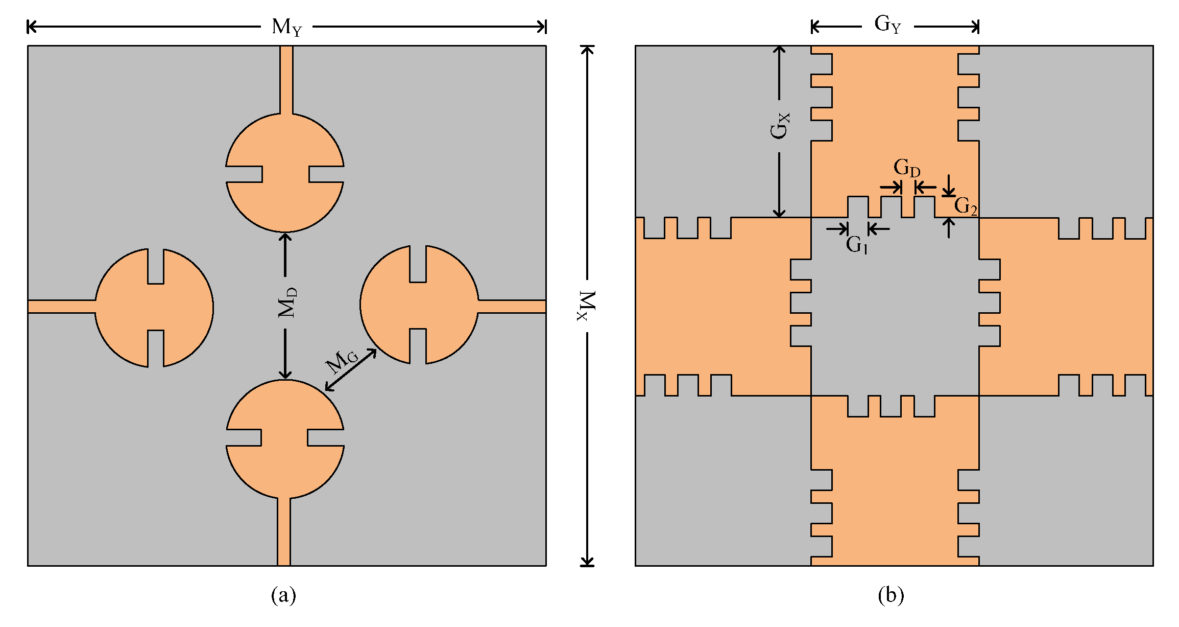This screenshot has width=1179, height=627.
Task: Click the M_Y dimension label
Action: pos(286,27)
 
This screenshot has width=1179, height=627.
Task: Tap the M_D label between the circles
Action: pos(287,303)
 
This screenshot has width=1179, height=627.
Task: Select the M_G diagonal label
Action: pos(342,361)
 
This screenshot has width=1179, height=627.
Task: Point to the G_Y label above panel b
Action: pos(887,25)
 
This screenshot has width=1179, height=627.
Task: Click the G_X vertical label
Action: pos(780,126)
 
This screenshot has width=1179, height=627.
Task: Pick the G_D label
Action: pos(907,168)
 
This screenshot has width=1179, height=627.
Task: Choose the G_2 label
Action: pos(965,206)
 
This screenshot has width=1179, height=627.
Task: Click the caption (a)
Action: pos(283,595)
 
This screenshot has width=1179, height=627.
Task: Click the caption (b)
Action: pos(891,595)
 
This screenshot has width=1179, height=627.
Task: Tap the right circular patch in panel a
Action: pos(419,305)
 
